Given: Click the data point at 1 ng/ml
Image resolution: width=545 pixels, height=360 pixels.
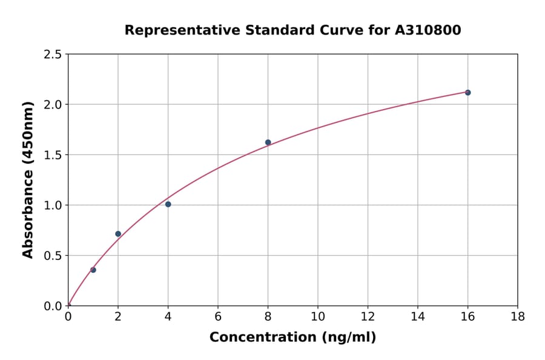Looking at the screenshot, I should coord(93,270).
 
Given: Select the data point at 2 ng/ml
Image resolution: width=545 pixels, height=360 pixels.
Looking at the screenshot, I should coord(118,234).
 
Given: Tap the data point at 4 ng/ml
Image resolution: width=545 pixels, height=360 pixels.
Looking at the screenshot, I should coord(168,204).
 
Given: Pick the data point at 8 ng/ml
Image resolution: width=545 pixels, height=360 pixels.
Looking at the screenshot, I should coord(268,142).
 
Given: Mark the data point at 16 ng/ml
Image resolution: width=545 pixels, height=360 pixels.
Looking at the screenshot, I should coord(467,93).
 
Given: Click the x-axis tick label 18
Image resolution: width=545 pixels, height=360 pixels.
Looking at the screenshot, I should coord(517,316).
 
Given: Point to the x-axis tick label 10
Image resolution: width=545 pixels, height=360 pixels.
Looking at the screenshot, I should coord(318,316).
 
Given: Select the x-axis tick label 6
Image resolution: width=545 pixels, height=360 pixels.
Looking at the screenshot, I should coord(218,316).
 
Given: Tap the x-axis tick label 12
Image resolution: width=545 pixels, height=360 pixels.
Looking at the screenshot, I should coord(368,316).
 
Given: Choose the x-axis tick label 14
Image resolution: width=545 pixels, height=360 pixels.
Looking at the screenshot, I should coord(417,316).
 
